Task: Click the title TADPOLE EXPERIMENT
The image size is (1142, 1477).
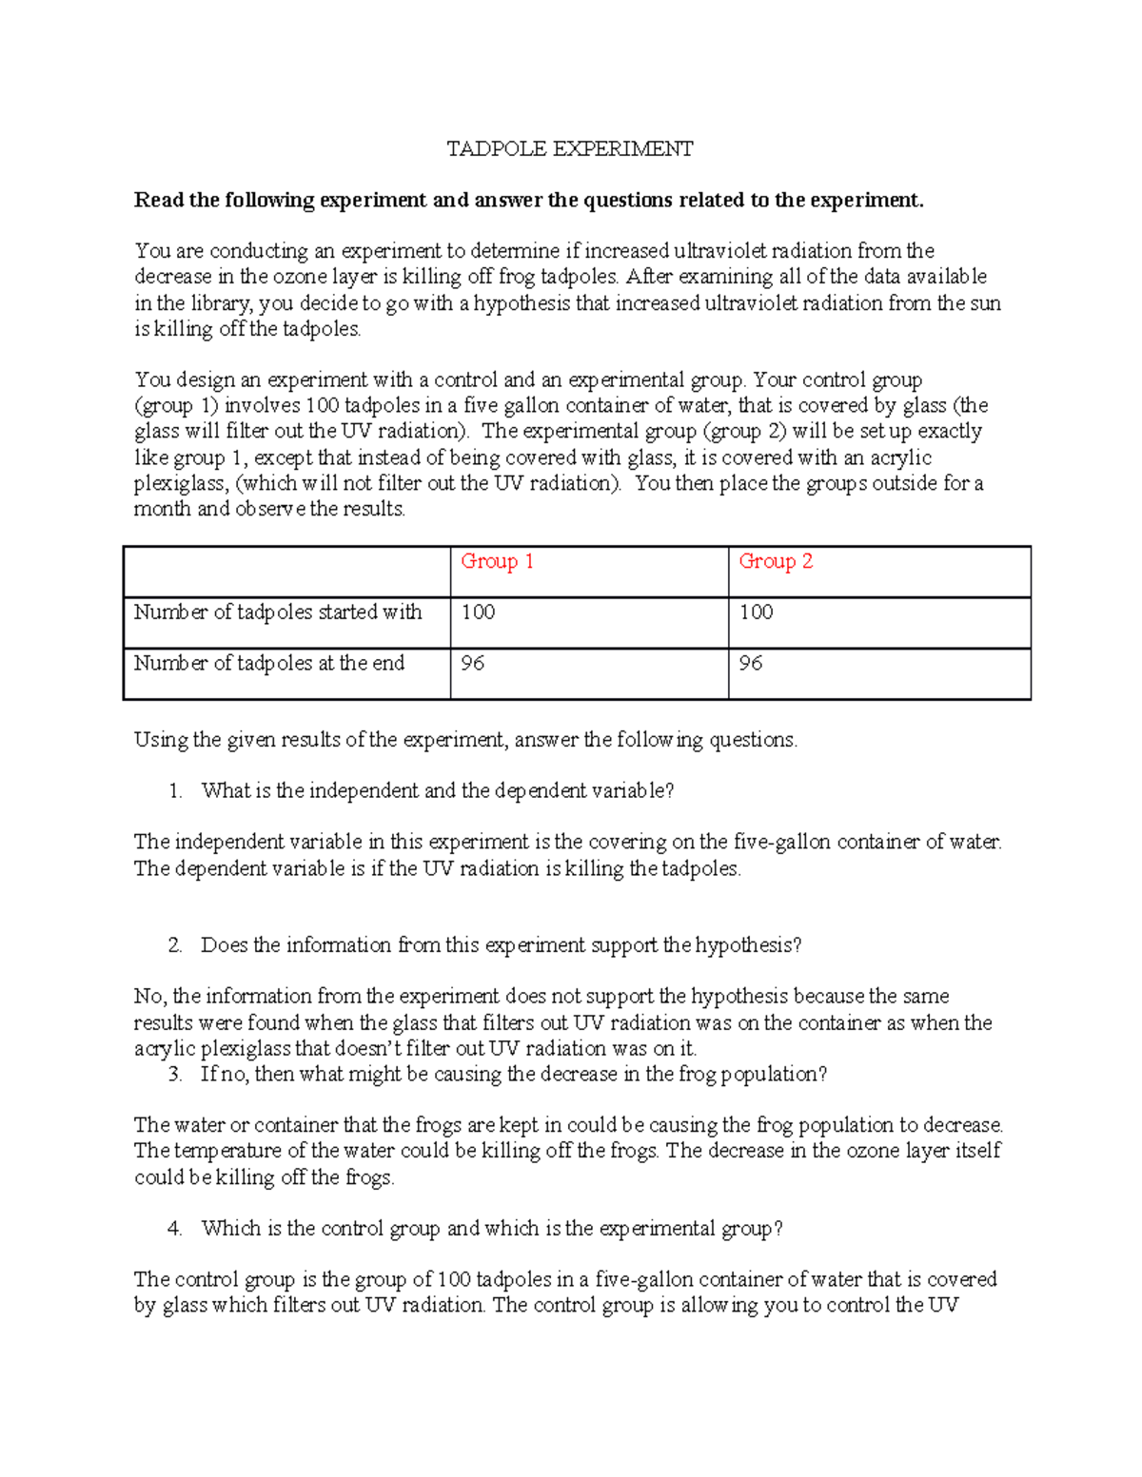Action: pos(570,148)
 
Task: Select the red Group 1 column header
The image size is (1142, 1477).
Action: pos(497,562)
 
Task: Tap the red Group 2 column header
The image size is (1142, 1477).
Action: pos(776,562)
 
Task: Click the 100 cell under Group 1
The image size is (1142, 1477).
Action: pos(478,612)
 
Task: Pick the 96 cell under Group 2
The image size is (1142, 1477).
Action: pos(751,664)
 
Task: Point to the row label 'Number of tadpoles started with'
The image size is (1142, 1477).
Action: pos(278,612)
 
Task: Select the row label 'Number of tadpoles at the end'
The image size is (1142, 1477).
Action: pos(269,664)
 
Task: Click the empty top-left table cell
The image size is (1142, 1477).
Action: pos(286,572)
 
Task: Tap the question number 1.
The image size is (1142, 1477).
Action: pos(174,791)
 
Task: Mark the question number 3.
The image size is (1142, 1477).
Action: pos(174,1075)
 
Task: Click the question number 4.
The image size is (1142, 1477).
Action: pos(174,1229)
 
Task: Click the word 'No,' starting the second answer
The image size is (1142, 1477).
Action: pos(150,997)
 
